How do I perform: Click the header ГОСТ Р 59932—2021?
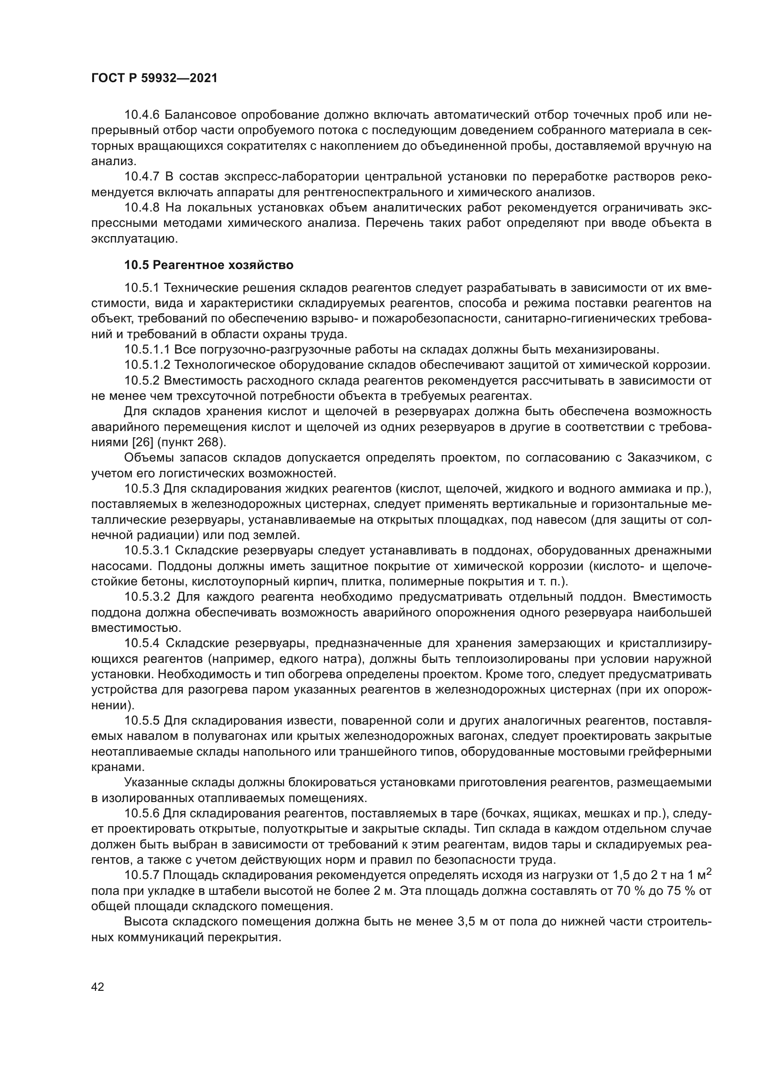[154, 78]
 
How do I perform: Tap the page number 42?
[97, 986]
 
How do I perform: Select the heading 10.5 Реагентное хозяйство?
[208, 265]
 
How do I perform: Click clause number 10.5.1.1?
[147, 350]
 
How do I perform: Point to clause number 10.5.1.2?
[147, 365]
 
